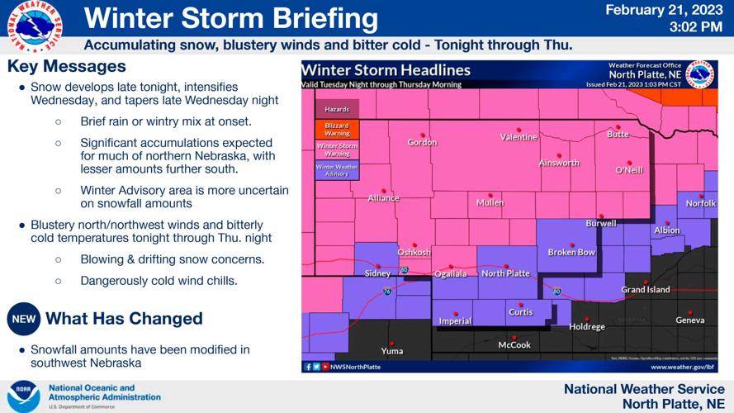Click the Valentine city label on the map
pyautogui.click(x=519, y=137)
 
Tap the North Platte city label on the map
pyautogui.click(x=505, y=273)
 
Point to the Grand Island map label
pyautogui.click(x=646, y=290)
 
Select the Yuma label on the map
pyautogui.click(x=391, y=351)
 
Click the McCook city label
pyautogui.click(x=514, y=345)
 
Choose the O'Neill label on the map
pyautogui.click(x=629, y=170)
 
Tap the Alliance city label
pyautogui.click(x=383, y=198)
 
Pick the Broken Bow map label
pyautogui.click(x=571, y=252)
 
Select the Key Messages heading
pyautogui.click(x=66, y=66)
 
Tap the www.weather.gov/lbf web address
pyautogui.click(x=681, y=366)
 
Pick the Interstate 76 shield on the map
pyautogui.click(x=387, y=291)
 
